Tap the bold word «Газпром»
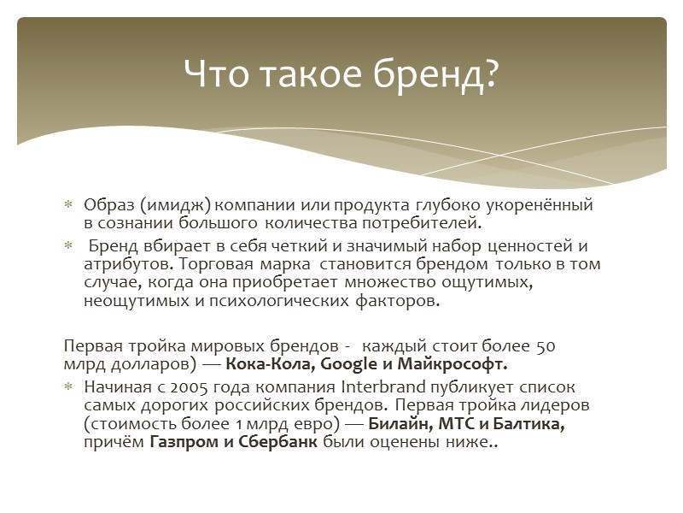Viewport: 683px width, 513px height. coord(181,443)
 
